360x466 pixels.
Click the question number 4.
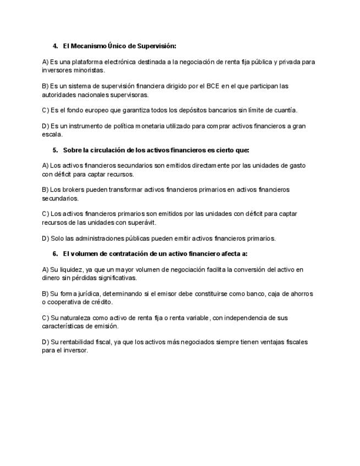point(56,46)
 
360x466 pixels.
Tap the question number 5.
point(56,149)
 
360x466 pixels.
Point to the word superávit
point(143,222)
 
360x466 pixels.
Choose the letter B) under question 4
point(45,86)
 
